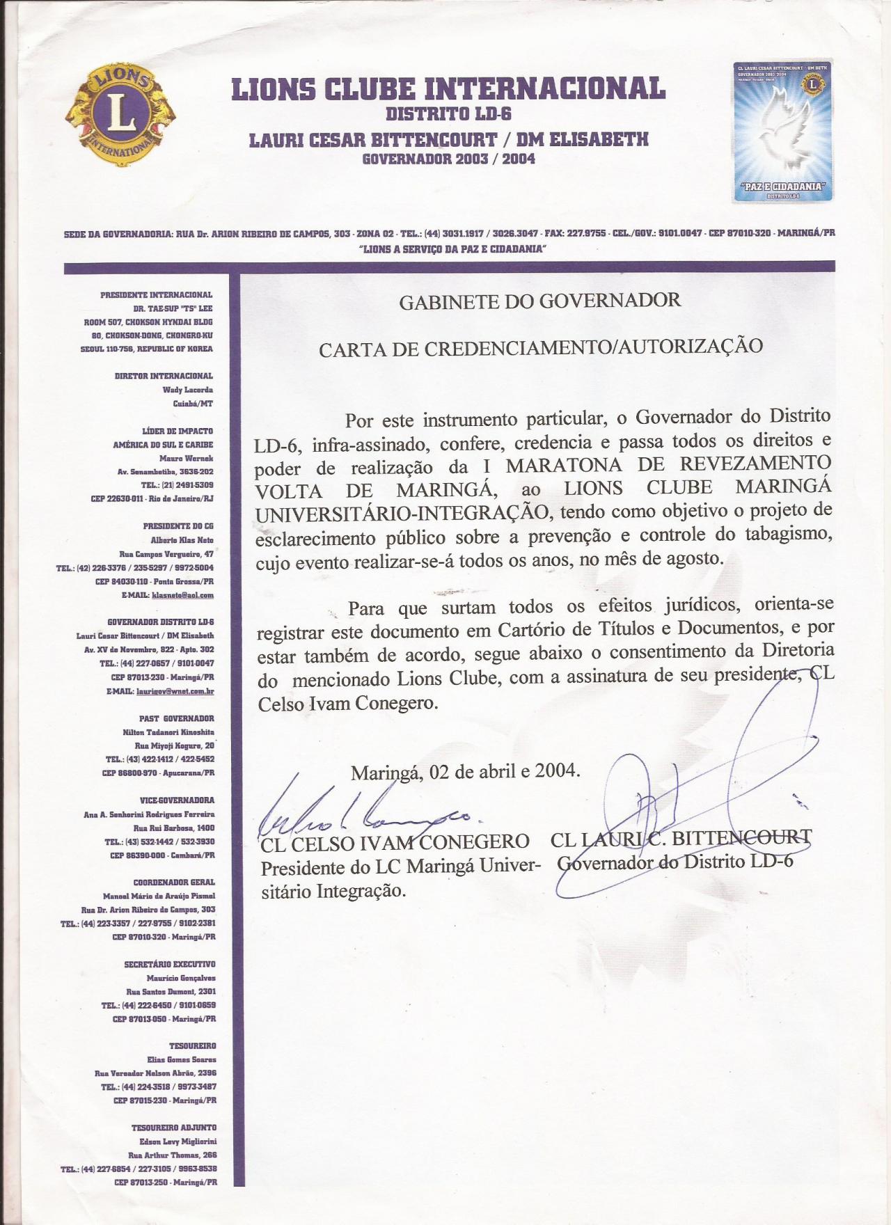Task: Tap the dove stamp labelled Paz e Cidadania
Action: [x=783, y=132]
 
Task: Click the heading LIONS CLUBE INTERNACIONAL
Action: [x=448, y=88]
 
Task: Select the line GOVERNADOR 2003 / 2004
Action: [x=448, y=159]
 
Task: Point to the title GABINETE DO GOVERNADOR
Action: [x=539, y=301]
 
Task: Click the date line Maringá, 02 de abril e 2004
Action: [x=465, y=772]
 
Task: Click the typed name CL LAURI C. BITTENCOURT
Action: [x=681, y=839]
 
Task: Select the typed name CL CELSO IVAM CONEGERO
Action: [x=395, y=844]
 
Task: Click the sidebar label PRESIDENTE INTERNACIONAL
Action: [x=156, y=295]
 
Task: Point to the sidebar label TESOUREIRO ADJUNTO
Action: [x=173, y=1127]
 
